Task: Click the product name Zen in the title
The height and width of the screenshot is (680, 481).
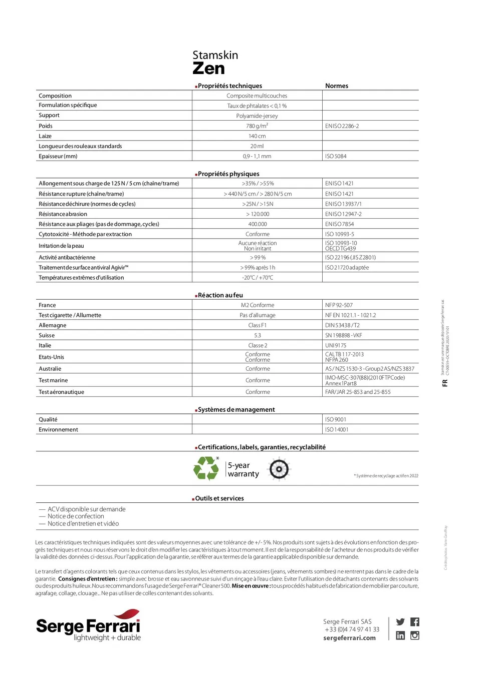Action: [x=208, y=69]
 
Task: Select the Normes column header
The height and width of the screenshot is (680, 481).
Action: [x=337, y=86]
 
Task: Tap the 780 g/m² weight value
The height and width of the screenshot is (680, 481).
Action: [x=257, y=126]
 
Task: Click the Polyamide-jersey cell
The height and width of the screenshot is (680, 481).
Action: [x=257, y=116]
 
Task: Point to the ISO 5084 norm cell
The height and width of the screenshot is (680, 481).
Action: [x=336, y=157]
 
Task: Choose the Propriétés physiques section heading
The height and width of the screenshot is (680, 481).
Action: [x=228, y=174]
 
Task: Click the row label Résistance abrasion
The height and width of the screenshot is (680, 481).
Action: [x=63, y=214]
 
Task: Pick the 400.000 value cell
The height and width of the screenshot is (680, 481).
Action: [x=258, y=224]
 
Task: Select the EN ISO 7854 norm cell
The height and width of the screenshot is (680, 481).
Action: [x=339, y=224]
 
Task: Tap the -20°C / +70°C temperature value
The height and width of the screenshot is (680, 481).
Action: [x=258, y=278]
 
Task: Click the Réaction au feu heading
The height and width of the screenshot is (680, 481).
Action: [x=220, y=295]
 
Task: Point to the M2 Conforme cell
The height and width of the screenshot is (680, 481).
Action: [x=258, y=305]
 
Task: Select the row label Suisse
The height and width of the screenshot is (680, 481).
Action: [x=47, y=335]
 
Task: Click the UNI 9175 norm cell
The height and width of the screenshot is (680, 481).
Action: [x=336, y=346]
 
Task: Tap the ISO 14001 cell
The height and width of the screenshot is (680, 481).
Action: [x=337, y=430]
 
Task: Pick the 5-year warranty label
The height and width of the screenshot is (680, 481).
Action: [x=244, y=469]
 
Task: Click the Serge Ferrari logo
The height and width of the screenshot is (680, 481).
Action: [x=88, y=626]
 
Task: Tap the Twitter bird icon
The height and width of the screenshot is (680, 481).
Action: [x=400, y=622]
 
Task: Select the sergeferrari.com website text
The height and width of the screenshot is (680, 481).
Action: [x=349, y=638]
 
